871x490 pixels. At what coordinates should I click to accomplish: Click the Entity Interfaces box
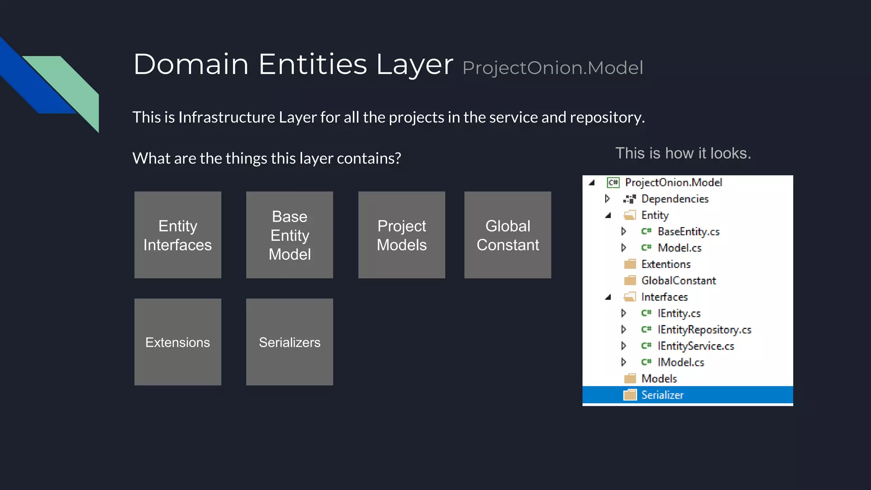point(177,235)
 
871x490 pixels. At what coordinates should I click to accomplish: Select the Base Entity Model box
point(289,235)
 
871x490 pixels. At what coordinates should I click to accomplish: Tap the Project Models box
point(401,235)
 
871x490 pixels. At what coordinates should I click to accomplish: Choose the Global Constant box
point(507,235)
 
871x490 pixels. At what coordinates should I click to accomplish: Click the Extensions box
point(177,342)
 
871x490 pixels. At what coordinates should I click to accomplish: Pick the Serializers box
point(289,342)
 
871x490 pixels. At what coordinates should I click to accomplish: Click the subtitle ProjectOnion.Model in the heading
point(552,68)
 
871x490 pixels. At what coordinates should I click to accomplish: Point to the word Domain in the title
point(191,65)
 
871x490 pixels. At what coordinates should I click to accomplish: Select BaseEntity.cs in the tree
point(688,232)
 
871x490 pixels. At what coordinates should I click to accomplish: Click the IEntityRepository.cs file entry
point(704,330)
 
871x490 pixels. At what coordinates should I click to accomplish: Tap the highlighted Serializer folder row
point(687,395)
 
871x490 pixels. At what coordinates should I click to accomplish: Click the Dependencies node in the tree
point(675,199)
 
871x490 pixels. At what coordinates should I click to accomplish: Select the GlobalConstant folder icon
point(630,281)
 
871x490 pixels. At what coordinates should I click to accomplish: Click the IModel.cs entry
point(680,362)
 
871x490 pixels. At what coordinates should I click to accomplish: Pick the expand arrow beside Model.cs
point(623,248)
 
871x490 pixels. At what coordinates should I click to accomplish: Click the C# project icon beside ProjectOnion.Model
point(613,182)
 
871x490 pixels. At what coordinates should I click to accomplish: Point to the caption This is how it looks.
point(683,153)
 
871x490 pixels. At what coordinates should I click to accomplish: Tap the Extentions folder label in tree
point(666,264)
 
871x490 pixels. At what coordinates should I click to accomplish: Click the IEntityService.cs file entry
point(695,346)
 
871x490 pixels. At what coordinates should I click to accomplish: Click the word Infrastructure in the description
point(226,117)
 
